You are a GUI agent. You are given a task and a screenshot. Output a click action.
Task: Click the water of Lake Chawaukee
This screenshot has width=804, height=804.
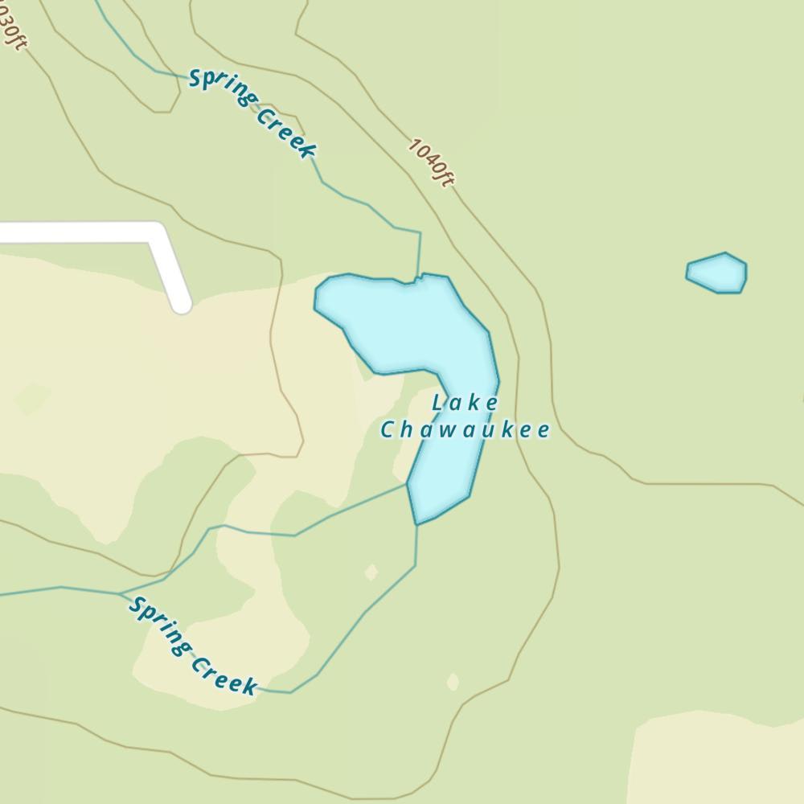point(402,322)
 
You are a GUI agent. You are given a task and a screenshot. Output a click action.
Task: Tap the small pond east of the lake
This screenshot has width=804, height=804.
point(717,273)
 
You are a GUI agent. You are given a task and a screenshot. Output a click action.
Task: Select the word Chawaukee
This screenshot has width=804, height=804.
point(465,429)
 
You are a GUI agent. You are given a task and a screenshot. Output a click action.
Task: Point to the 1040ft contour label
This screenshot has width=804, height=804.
point(431,162)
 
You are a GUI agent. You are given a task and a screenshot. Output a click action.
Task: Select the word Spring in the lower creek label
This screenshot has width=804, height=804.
point(160,626)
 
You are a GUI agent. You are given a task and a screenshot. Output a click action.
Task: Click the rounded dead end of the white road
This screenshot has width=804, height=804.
point(183,304)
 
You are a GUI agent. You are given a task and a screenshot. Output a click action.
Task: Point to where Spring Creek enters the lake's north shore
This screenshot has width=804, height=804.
point(419,278)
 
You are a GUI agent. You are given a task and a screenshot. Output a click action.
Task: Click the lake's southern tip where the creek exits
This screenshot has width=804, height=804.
point(416,523)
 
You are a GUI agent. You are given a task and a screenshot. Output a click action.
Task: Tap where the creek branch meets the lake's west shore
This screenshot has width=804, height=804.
point(408,484)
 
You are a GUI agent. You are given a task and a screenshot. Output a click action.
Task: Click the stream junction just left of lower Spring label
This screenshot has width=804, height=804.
point(121,594)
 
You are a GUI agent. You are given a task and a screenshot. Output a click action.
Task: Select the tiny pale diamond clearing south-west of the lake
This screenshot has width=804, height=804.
point(371,572)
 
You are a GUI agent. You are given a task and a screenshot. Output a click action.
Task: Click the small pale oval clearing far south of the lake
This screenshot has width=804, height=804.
point(453,682)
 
